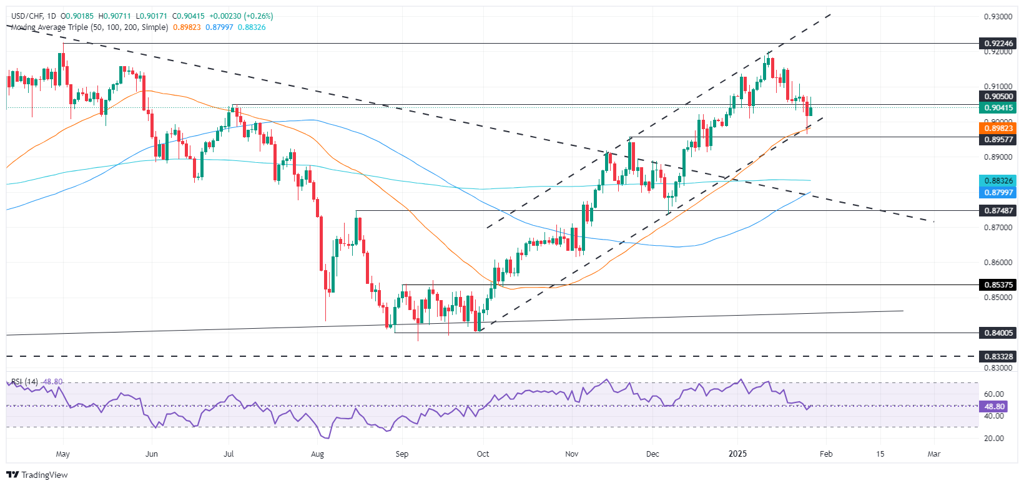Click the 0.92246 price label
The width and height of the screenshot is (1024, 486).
(x=998, y=44)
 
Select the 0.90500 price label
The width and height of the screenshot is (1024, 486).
(x=998, y=96)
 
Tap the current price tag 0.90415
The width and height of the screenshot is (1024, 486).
(x=998, y=108)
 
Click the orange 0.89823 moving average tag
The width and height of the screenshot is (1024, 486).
(x=998, y=129)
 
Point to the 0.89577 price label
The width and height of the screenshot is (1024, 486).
(x=998, y=140)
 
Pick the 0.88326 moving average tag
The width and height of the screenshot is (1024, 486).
(x=998, y=181)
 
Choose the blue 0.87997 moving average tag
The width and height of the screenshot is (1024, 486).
(x=998, y=193)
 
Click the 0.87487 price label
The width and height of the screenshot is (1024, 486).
(x=998, y=211)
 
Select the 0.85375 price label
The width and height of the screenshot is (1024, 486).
(x=998, y=284)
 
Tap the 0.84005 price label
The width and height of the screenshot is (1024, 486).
(x=998, y=333)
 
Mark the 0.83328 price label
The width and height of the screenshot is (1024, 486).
(x=998, y=356)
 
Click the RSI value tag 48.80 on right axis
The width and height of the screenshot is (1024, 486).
(x=994, y=406)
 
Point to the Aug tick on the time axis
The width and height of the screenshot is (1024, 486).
(x=317, y=454)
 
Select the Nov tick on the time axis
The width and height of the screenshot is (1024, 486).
(x=571, y=454)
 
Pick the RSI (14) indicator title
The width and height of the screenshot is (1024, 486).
(x=24, y=382)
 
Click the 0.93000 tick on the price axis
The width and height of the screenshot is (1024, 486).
(x=998, y=17)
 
